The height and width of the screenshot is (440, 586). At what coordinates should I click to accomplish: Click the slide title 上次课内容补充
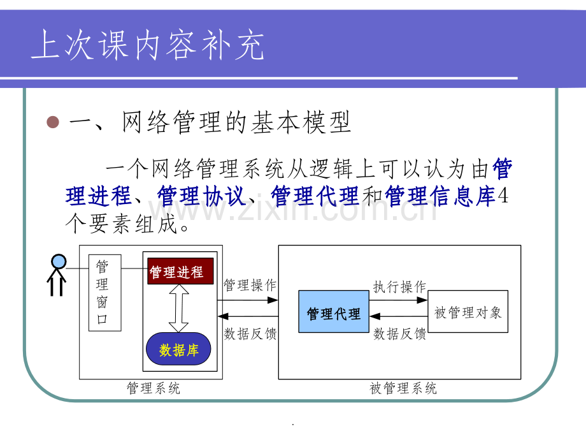148,45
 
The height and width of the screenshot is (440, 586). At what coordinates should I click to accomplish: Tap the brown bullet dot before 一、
53,122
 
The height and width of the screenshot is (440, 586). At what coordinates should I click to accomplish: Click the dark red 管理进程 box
180,271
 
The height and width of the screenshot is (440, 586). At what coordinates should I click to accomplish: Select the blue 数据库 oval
178,349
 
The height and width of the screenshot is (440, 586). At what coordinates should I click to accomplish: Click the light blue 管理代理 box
334,311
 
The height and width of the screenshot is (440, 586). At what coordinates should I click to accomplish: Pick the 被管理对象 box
468,311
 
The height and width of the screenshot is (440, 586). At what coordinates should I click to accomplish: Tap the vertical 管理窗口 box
104,293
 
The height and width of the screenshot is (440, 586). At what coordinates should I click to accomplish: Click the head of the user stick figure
59,261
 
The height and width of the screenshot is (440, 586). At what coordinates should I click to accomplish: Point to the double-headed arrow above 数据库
178,308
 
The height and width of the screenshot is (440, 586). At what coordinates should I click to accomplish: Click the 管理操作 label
250,285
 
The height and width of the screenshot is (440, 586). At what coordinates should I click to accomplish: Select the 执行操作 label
399,286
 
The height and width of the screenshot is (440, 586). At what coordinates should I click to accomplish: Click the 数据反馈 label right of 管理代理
399,334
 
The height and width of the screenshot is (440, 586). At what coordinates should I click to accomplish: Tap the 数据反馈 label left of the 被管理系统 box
250,334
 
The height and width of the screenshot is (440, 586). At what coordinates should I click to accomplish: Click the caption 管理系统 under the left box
154,388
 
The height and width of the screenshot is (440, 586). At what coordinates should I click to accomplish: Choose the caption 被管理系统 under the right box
403,388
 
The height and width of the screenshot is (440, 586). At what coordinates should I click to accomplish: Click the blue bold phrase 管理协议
201,196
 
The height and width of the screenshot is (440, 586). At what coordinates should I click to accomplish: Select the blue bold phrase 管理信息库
440,196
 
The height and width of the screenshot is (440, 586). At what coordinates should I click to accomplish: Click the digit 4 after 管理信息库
503,195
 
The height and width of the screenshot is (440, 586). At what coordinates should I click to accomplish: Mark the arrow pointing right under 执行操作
398,300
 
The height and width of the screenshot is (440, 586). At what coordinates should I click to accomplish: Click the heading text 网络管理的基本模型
236,122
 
